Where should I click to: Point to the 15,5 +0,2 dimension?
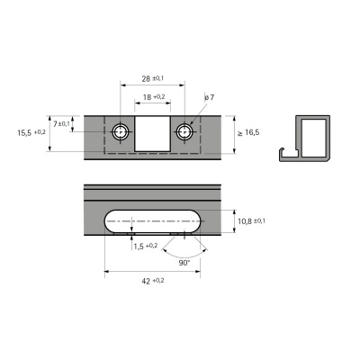31,132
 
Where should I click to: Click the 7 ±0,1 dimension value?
61,123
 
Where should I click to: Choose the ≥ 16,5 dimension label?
247,132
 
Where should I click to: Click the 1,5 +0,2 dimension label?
145,246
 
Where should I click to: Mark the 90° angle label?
183,263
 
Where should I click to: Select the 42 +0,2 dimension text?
153,281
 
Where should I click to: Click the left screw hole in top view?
121,132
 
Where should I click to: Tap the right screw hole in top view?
184,132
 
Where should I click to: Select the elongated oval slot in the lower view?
153,220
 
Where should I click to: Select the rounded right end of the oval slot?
195,220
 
